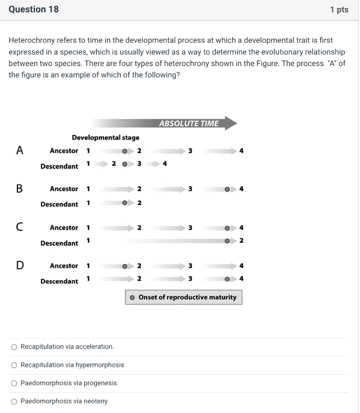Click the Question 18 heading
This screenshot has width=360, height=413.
point(33,9)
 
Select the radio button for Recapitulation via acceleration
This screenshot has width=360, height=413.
point(14,347)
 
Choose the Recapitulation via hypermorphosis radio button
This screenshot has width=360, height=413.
point(14,365)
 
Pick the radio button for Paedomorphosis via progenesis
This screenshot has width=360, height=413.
point(14,383)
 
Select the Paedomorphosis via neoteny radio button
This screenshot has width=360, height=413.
point(14,401)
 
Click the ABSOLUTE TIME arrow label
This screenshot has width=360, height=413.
point(189,123)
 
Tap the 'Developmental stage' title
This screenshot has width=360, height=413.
point(105,138)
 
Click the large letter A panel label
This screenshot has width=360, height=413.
point(19,150)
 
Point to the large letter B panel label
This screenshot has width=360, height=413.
point(19,188)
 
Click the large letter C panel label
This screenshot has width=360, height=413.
point(19,227)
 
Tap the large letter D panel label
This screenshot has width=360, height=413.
point(19,265)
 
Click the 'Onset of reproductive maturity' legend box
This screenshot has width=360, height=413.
point(184,297)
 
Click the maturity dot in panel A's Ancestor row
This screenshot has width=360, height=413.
point(125,151)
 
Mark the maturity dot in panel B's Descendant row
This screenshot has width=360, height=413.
point(125,203)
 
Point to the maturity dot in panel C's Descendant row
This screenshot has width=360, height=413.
point(228,241)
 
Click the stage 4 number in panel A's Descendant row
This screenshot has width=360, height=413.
point(164,164)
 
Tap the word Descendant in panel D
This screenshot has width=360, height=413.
point(59,281)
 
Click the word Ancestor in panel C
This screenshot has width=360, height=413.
point(64,227)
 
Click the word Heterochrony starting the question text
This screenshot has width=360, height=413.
point(31,40)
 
